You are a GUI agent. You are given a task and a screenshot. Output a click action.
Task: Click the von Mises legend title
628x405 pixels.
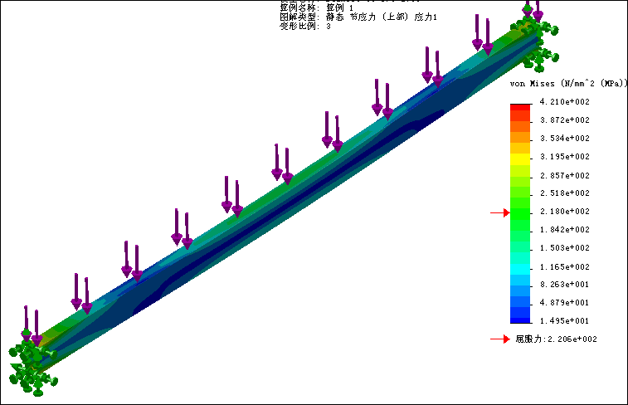567,84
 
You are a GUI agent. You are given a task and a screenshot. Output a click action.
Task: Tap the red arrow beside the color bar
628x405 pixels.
499,213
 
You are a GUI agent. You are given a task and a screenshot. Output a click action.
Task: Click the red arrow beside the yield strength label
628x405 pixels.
499,339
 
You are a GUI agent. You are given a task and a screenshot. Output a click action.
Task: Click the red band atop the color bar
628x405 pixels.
520,107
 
